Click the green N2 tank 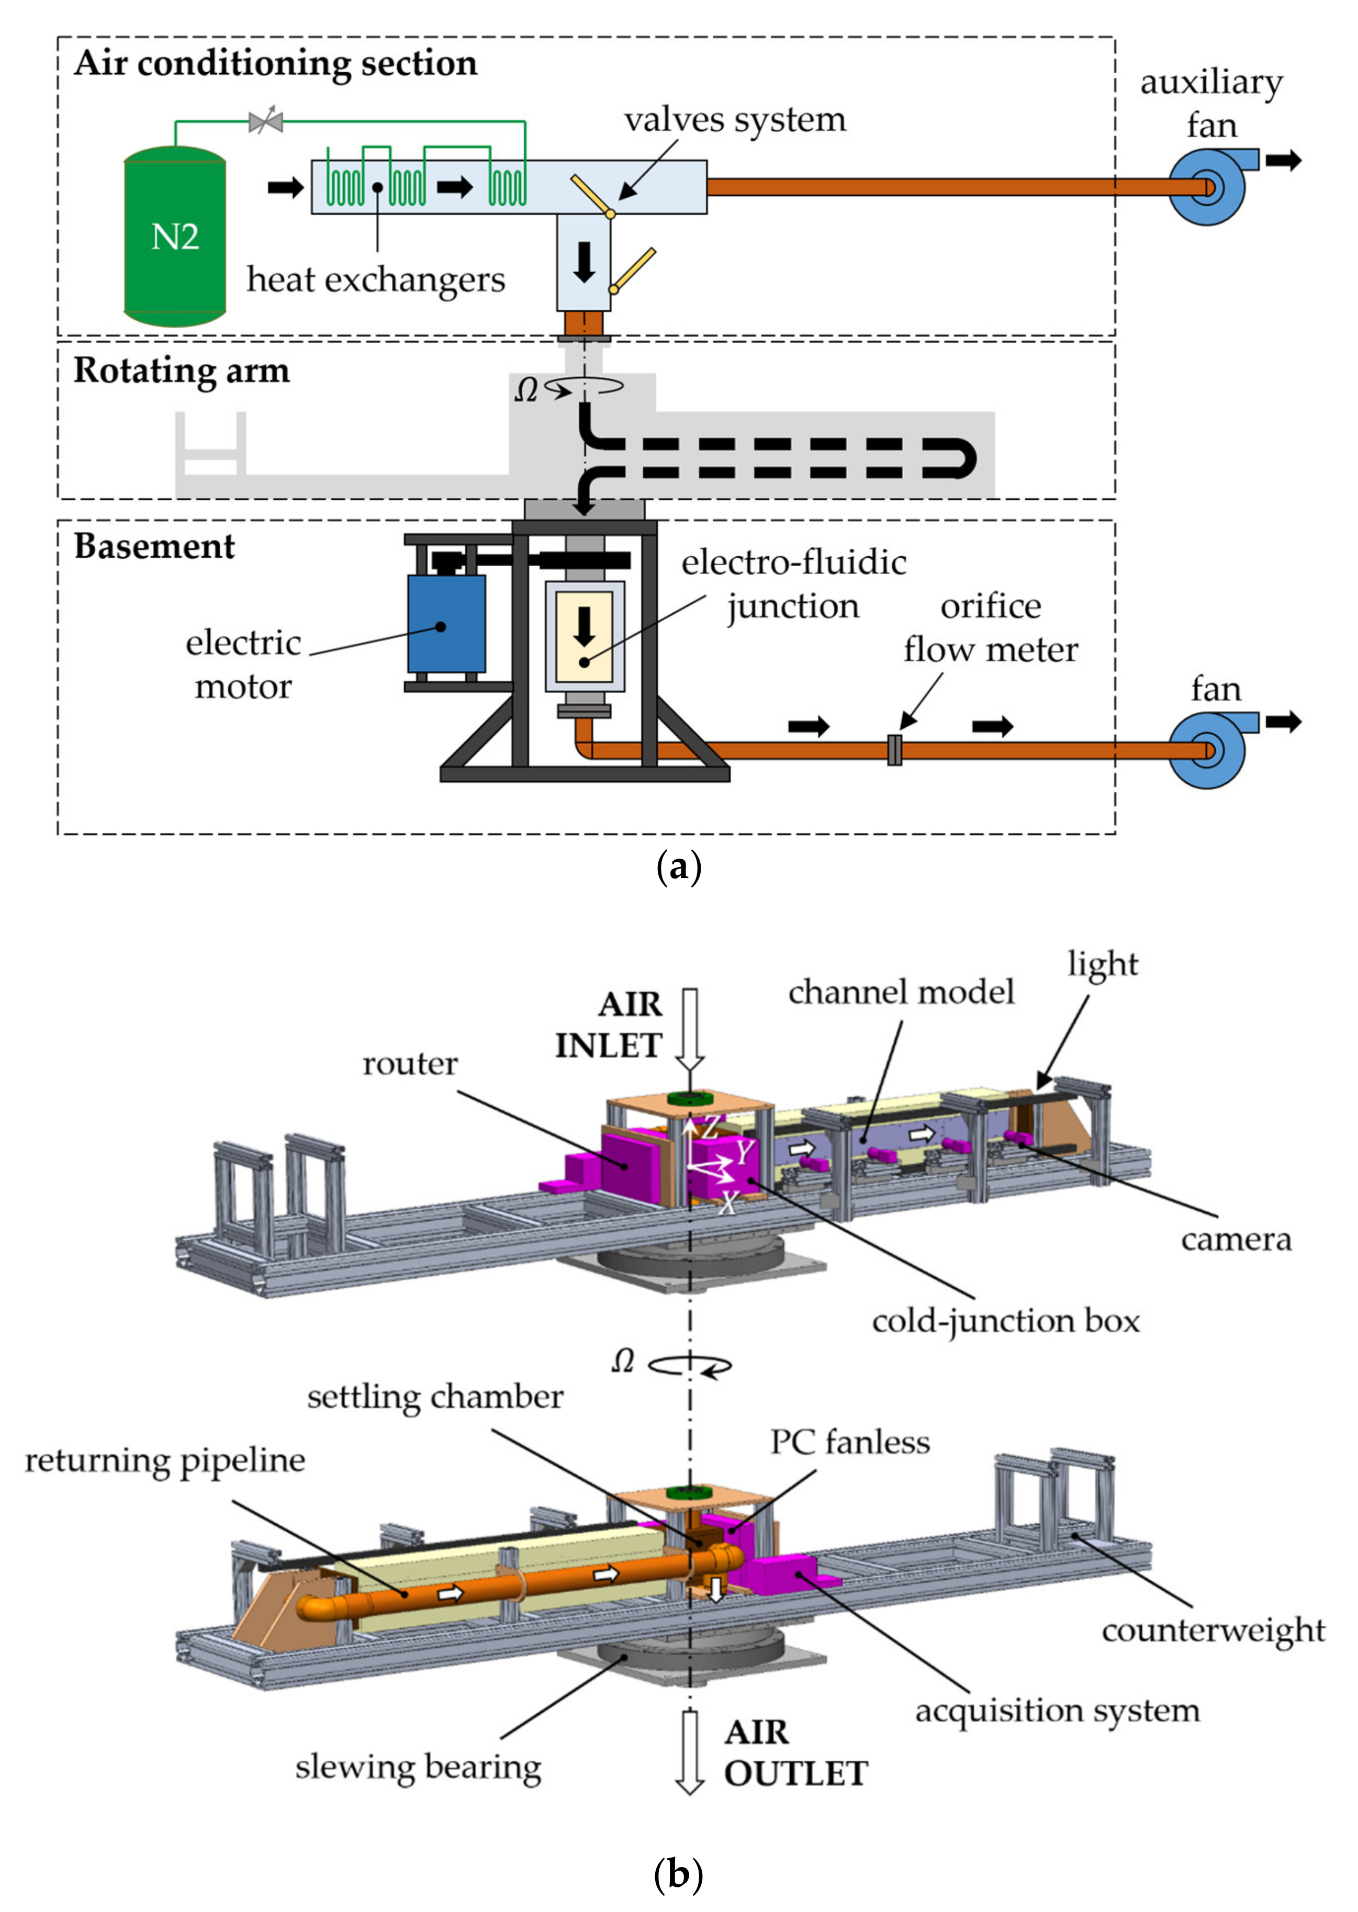point(175,237)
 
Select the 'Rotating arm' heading point(182,371)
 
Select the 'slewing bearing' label point(418,1768)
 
